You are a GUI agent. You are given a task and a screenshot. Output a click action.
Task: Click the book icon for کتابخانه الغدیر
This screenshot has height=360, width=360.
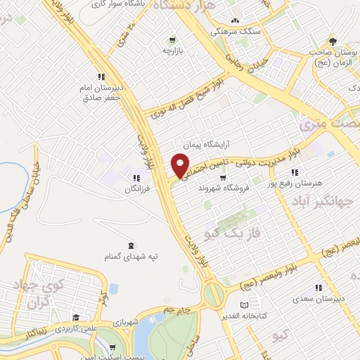click(x=243, y=304)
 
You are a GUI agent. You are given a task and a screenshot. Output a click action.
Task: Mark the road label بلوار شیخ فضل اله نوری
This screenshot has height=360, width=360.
click(x=186, y=101)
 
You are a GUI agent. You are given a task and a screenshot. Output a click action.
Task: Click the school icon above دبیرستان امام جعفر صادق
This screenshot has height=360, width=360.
click(x=101, y=77)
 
